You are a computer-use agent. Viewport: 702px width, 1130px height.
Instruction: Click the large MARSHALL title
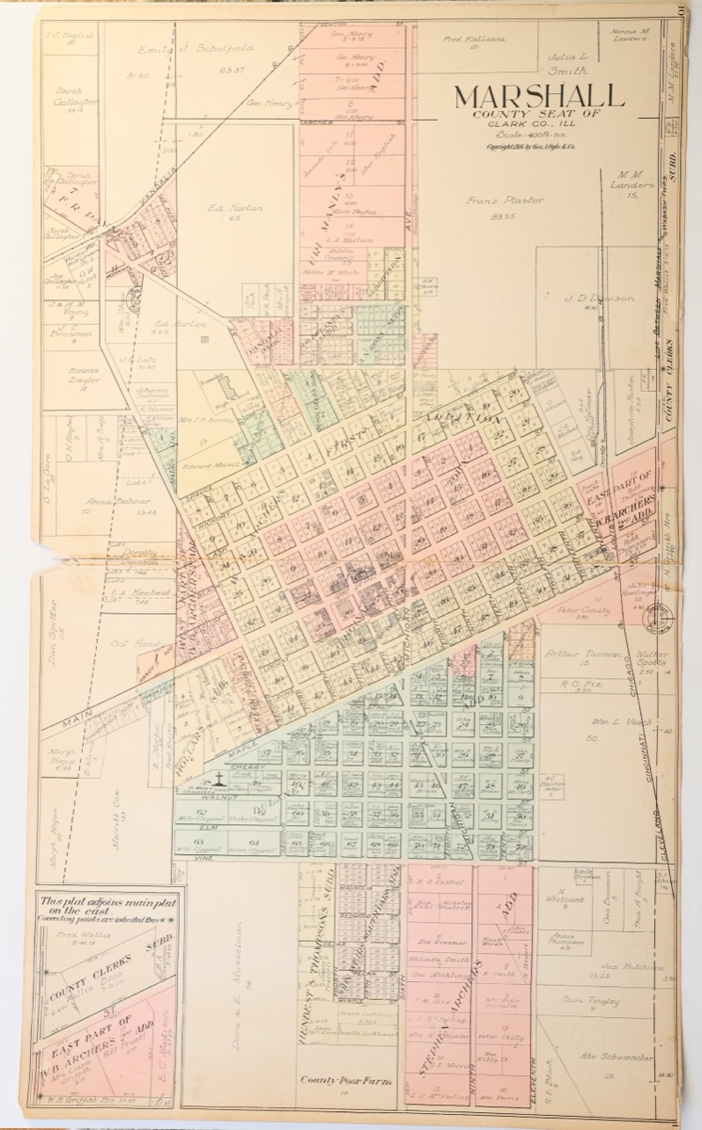pos(539,97)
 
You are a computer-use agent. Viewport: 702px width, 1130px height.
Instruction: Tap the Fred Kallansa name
pos(474,40)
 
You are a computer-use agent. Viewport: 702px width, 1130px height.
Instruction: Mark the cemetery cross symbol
pos(218,778)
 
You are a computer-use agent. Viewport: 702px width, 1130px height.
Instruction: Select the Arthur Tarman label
pos(582,654)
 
